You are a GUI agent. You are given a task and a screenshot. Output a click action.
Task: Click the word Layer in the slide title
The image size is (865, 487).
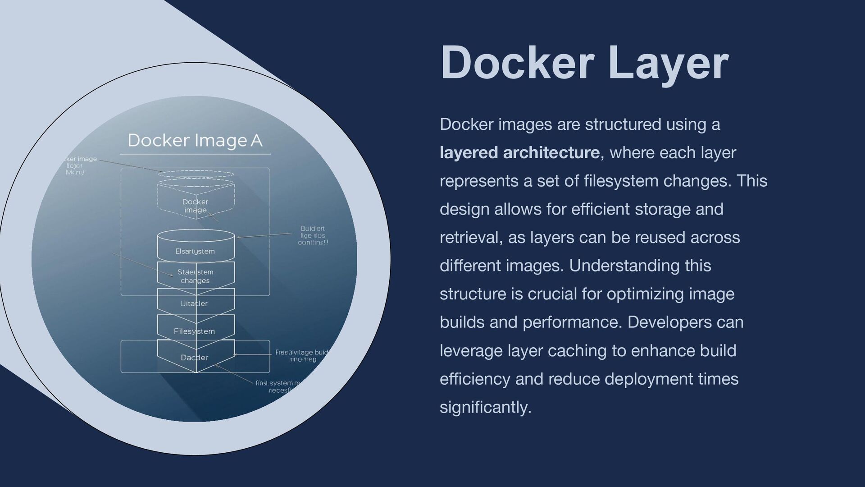(x=668, y=63)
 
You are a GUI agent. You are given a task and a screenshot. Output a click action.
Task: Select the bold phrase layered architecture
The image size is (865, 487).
(x=519, y=153)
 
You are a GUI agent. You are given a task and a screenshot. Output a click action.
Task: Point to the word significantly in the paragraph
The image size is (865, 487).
(x=485, y=407)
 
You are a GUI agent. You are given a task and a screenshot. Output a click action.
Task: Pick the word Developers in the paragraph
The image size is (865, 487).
(x=666, y=322)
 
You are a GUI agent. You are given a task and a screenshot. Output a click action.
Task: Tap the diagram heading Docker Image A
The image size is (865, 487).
(x=195, y=140)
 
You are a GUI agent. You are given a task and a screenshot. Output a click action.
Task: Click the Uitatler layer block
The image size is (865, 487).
(x=194, y=303)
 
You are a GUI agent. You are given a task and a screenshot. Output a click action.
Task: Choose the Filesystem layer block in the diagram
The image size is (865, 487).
(x=195, y=331)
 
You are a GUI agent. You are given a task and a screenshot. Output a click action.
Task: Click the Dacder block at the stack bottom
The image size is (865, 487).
(x=195, y=358)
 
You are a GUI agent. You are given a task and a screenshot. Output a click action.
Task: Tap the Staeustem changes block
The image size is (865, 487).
(x=196, y=276)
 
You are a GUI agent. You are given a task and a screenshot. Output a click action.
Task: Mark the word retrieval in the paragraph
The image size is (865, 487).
(x=471, y=238)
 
